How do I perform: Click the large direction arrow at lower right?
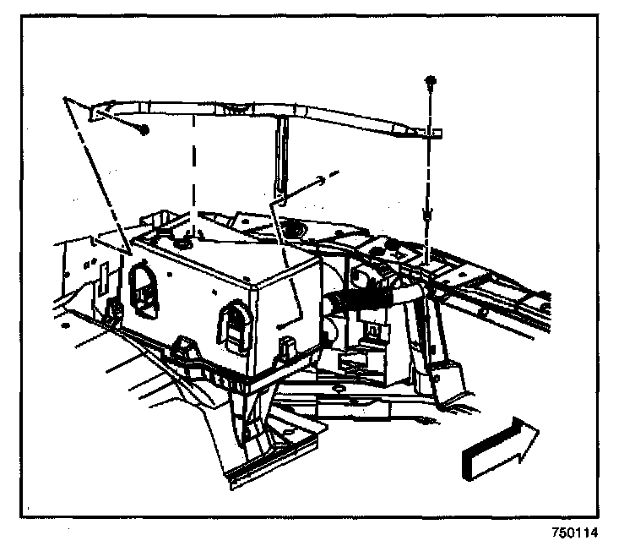tap(500, 448)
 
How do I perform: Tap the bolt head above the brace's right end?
tap(431, 81)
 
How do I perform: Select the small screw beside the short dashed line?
tap(320, 179)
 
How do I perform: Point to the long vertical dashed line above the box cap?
tap(196, 169)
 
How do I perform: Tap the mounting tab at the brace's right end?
tap(432, 133)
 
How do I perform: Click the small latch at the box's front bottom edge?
tap(285, 347)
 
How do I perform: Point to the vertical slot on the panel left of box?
tap(101, 279)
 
